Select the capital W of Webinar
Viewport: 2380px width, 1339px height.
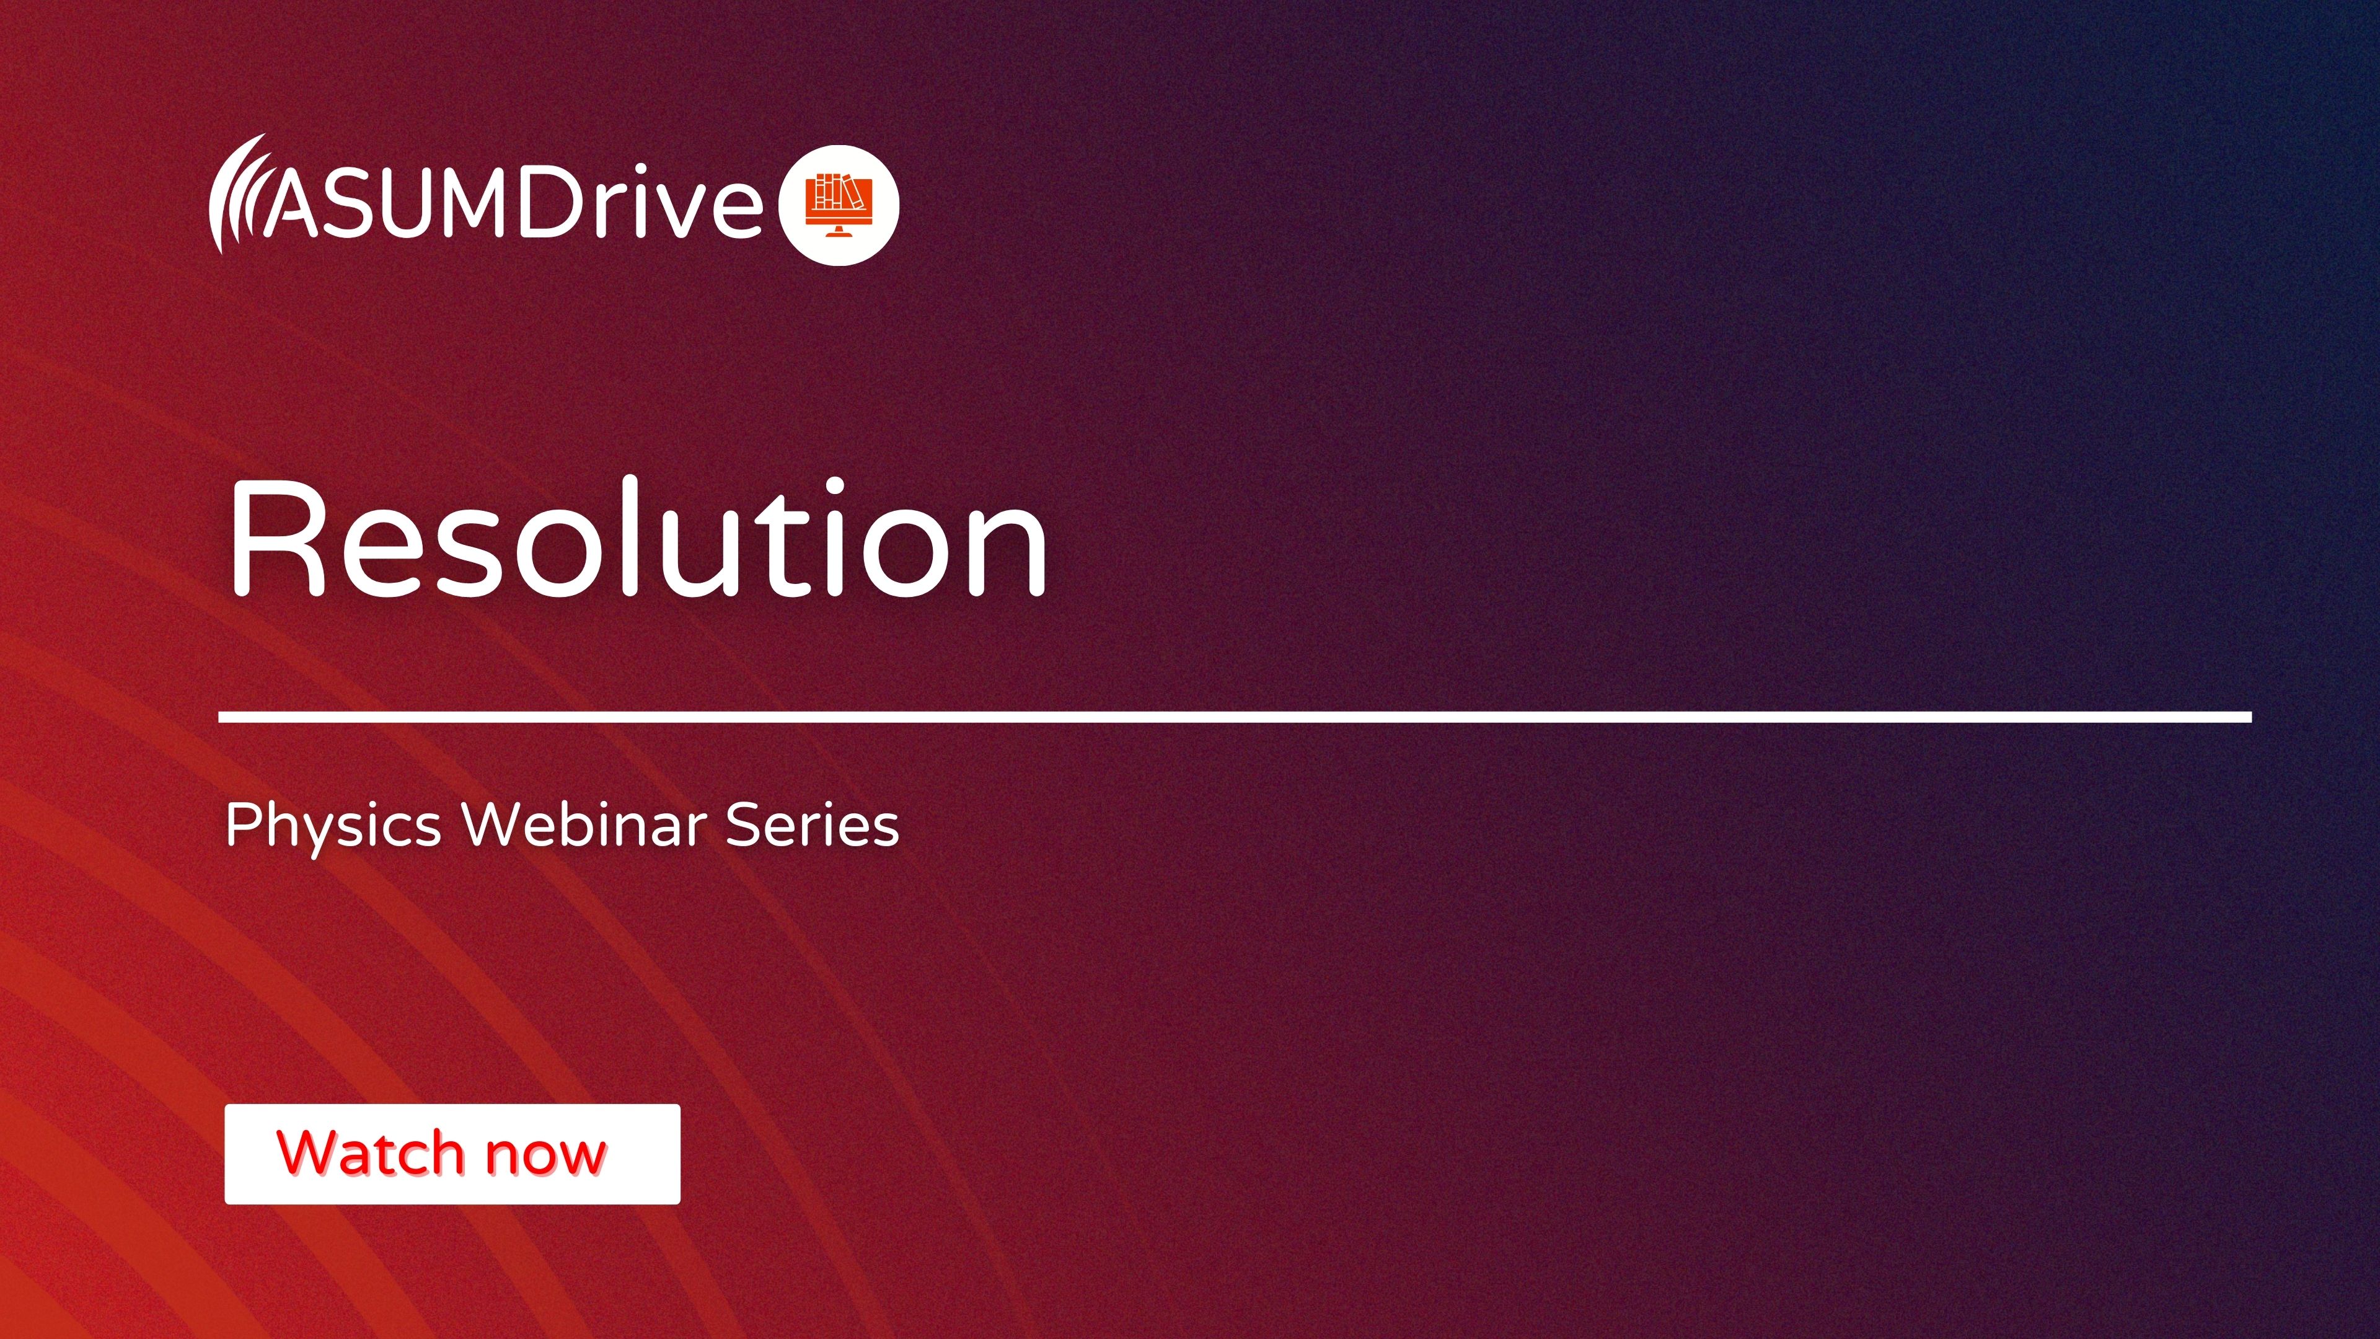[x=499, y=823]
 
